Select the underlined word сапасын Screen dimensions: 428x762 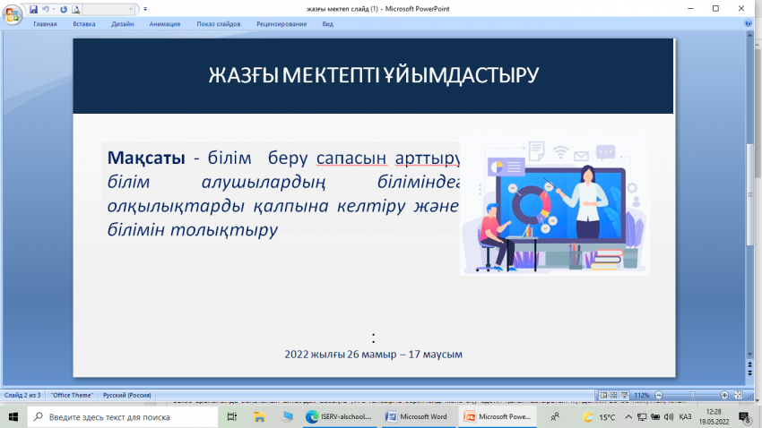(351, 158)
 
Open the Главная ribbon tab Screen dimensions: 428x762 (45, 24)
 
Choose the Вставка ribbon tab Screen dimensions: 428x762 (84, 24)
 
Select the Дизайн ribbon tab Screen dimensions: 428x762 (122, 24)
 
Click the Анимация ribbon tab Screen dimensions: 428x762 (164, 24)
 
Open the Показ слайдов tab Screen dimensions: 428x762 (219, 24)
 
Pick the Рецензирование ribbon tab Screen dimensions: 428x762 (282, 24)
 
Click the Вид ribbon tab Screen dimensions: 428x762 (327, 24)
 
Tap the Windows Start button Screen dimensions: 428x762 (13, 416)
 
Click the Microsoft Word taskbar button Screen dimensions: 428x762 (417, 416)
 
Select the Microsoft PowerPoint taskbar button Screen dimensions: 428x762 (497, 416)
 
